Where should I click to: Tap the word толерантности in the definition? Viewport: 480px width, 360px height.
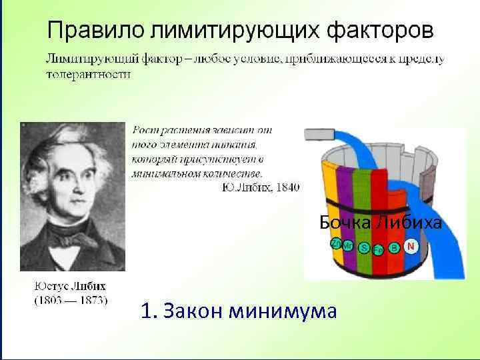tap(88, 74)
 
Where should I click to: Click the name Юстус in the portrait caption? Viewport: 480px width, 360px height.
tap(52, 286)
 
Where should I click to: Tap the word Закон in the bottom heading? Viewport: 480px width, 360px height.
tap(193, 311)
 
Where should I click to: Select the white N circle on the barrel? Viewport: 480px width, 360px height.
tap(411, 246)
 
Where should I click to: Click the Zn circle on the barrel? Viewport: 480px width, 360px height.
tap(335, 243)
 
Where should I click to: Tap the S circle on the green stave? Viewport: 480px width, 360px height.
tap(364, 248)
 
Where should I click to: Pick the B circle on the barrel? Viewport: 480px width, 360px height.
tap(395, 248)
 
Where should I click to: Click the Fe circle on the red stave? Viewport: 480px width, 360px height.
tap(378, 251)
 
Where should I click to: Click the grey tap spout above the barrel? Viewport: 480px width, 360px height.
tap(321, 134)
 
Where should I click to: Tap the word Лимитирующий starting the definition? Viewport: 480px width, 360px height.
tap(87, 59)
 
